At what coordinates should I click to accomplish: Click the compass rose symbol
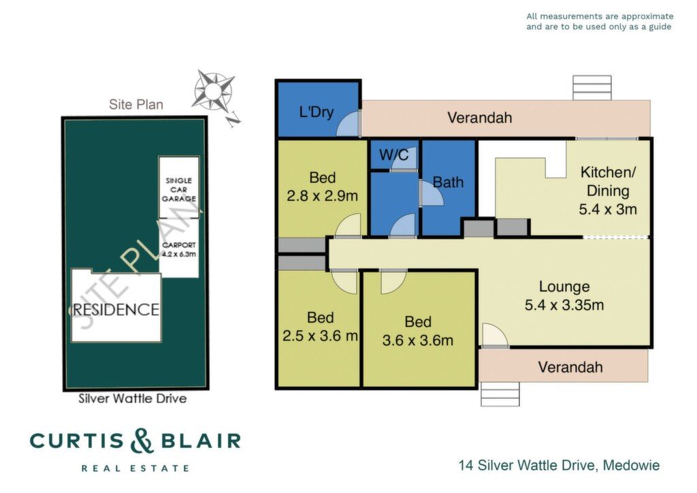click(213, 91)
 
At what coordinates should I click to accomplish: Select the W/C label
click(394, 155)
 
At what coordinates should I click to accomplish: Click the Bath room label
click(448, 182)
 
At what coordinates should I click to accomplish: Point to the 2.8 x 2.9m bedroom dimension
click(322, 195)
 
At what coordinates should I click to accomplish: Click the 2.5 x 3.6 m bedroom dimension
click(320, 336)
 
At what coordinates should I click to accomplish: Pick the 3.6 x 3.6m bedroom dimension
click(418, 340)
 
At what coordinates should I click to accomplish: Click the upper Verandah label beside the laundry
click(480, 118)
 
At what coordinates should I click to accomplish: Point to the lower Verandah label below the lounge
click(570, 367)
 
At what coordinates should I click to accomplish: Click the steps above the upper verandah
click(591, 88)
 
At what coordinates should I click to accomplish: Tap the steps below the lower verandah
click(500, 394)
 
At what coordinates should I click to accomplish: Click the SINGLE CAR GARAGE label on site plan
click(179, 189)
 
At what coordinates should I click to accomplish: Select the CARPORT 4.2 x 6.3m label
click(179, 249)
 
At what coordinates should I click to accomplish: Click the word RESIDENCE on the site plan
click(116, 309)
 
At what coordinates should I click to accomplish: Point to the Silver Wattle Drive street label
click(133, 398)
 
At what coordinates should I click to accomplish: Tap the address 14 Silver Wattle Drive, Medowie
click(559, 466)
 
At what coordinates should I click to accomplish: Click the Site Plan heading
click(136, 104)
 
